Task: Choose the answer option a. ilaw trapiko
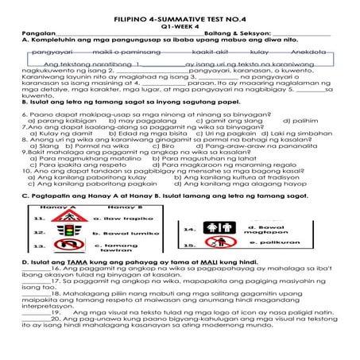coord(119,217)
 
